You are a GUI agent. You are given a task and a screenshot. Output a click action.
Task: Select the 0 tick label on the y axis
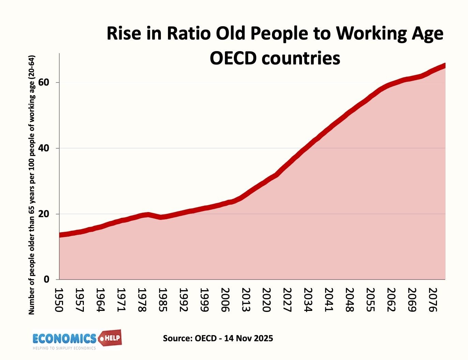(x=46, y=280)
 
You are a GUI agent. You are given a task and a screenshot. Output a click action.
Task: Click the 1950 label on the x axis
(x=59, y=300)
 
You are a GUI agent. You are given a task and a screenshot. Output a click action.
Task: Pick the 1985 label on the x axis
(x=163, y=300)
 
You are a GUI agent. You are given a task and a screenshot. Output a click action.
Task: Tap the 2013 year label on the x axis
(x=245, y=300)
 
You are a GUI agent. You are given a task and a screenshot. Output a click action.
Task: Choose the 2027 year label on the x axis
(x=287, y=300)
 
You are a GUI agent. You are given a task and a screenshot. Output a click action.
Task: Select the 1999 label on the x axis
(x=204, y=300)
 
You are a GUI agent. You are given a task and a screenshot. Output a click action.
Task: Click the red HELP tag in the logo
(x=110, y=338)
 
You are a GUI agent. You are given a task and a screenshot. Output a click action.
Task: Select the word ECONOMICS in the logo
(x=64, y=339)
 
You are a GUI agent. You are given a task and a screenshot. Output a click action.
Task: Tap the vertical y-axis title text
(x=32, y=184)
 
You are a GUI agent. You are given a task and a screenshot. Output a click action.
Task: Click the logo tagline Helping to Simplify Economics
(x=64, y=348)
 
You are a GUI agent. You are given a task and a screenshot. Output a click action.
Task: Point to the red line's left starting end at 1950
(x=60, y=235)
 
